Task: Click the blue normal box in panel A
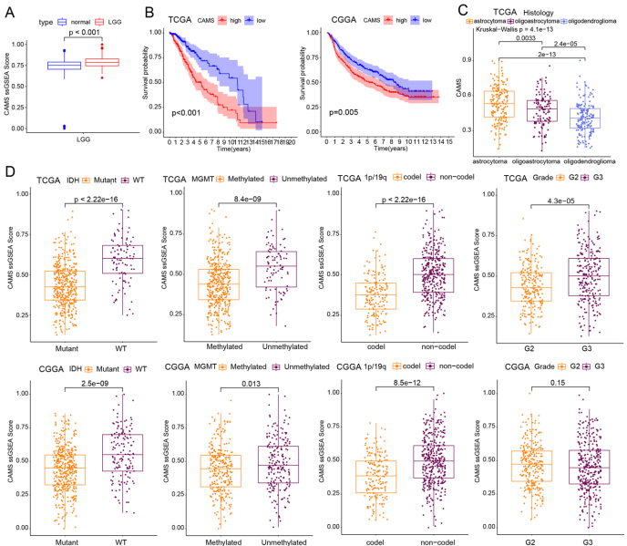click(x=64, y=66)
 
